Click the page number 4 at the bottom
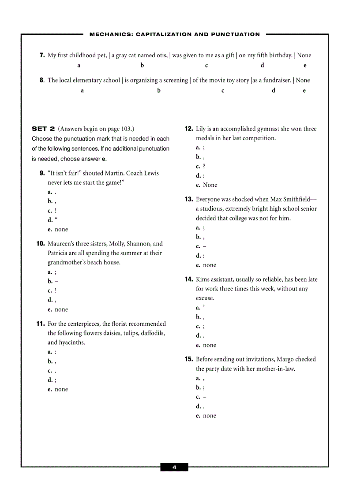coord(174,467)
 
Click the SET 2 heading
coord(43,129)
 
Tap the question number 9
coord(42,173)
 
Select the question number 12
coord(189,129)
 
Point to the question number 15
coord(189,359)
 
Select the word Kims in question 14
coord(203,279)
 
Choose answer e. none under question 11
coord(58,389)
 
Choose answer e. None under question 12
coord(206,185)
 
